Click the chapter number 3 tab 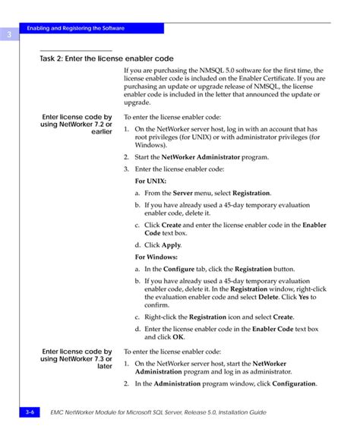click(x=7, y=35)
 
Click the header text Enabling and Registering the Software click(x=75, y=28)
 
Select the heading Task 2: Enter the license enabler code click(x=106, y=58)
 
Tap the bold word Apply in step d click(x=171, y=246)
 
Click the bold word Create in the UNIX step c click(x=172, y=225)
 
